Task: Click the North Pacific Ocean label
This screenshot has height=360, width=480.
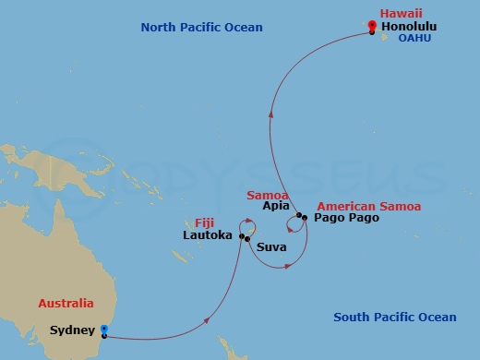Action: (x=201, y=28)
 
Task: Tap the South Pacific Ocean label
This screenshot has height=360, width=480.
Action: (x=394, y=318)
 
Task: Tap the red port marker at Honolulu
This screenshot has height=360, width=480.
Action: (x=371, y=27)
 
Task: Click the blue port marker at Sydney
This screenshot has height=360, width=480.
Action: (x=104, y=330)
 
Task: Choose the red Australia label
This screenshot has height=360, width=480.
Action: (x=66, y=303)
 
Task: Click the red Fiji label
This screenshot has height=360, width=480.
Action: (x=207, y=222)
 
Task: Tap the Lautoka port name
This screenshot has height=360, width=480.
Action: (x=210, y=236)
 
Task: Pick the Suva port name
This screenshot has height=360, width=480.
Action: (x=270, y=247)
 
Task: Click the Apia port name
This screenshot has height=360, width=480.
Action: (x=277, y=207)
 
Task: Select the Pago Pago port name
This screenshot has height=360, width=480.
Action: (x=345, y=220)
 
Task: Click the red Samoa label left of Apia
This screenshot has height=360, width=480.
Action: (x=268, y=195)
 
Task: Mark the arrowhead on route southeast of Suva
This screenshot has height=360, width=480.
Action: (x=289, y=267)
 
